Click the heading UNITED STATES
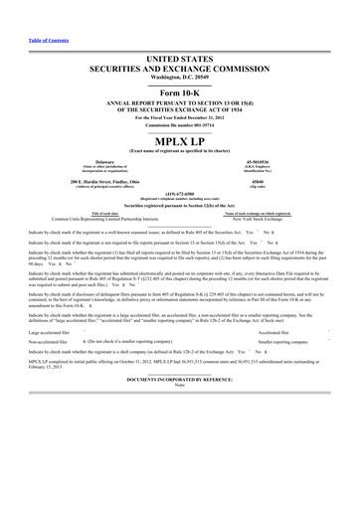tap(179, 32)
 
